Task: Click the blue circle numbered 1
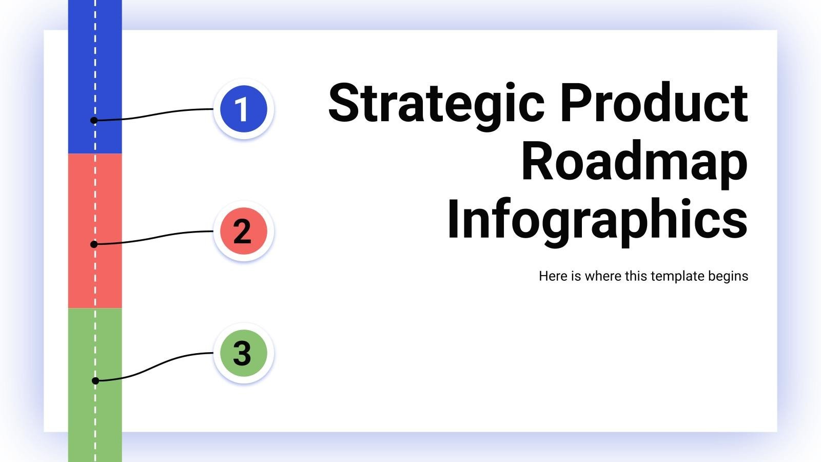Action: [x=244, y=109]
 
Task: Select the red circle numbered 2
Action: [x=244, y=231]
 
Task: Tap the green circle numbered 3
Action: [x=244, y=353]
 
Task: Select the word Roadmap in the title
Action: [x=634, y=162]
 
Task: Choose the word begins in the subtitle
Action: [x=728, y=277]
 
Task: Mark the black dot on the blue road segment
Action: [x=94, y=121]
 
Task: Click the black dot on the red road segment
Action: [x=94, y=244]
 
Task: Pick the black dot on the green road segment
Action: [x=95, y=381]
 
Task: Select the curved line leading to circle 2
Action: [x=154, y=238]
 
